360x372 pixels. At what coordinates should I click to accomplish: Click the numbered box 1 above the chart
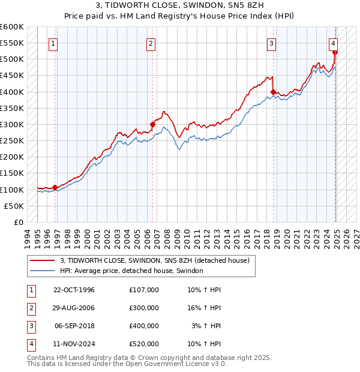tap(53, 43)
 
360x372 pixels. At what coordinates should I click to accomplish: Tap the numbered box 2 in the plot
tap(151, 43)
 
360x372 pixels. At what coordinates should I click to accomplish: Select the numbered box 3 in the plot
tap(272, 43)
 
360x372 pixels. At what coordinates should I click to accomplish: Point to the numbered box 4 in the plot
tap(333, 43)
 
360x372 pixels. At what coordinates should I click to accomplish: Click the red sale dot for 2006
tap(152, 124)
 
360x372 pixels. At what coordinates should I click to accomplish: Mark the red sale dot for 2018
tap(273, 92)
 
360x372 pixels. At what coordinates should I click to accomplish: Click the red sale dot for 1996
tap(55, 187)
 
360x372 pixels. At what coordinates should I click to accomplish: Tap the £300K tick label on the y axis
tap(11, 124)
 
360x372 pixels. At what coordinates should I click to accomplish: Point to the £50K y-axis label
tap(14, 206)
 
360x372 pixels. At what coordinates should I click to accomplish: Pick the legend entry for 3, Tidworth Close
tap(158, 260)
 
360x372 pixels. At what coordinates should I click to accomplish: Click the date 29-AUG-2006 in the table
tap(74, 308)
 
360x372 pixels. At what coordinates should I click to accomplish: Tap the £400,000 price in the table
tap(143, 326)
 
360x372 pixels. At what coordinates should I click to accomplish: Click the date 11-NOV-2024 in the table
tap(74, 344)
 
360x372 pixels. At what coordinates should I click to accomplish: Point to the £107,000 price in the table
tap(143, 290)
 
